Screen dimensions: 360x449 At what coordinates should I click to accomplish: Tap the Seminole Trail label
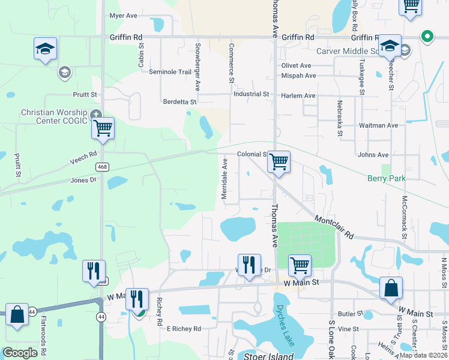pos(170,72)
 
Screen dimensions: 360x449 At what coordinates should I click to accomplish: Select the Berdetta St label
pos(180,102)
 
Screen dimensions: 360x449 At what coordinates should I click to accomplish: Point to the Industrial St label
pos(251,94)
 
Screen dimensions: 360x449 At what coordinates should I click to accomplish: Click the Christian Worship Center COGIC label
pos(55,117)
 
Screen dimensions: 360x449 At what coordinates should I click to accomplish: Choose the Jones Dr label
pos(83,179)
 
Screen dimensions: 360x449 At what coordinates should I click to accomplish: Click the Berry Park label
pos(386,178)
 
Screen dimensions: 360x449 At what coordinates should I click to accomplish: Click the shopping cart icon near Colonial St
pos(279,161)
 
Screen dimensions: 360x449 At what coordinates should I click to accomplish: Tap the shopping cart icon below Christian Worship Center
pos(103,128)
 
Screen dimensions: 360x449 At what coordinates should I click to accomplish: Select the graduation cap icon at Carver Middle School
pos(390,46)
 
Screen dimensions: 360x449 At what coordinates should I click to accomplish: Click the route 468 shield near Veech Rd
pos(103,167)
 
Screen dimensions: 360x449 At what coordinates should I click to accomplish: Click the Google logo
pos(20,353)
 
